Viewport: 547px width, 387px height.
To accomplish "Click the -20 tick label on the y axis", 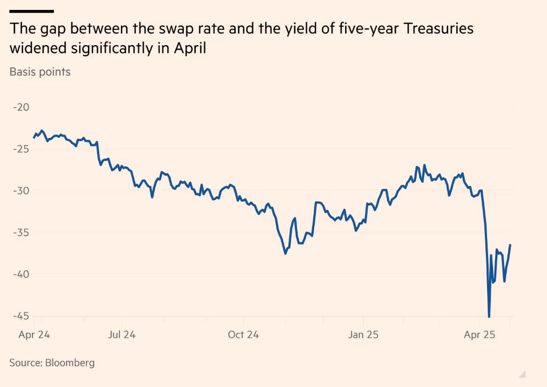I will [21, 107].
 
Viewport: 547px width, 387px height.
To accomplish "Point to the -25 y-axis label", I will [21, 149].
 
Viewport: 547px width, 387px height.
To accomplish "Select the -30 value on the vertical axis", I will [21, 191].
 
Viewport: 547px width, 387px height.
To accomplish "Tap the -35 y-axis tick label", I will [21, 233].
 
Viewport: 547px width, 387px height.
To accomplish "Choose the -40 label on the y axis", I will [21, 275].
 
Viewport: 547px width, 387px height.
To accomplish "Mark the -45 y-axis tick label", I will [21, 316].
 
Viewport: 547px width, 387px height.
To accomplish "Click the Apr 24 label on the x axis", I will [34, 335].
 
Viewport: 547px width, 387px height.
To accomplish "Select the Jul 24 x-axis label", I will [122, 335].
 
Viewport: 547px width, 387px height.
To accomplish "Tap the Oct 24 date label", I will [243, 335].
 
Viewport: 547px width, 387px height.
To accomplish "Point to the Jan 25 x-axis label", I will [363, 335].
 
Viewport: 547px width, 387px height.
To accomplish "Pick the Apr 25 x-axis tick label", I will [480, 335].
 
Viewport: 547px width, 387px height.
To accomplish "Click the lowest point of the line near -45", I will [489, 316].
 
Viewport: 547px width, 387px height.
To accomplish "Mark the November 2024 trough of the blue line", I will [285, 253].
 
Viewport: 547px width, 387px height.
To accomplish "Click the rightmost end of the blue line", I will [510, 245].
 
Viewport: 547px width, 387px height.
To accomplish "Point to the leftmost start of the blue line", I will [34, 137].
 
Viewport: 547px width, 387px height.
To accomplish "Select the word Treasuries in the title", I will [439, 29].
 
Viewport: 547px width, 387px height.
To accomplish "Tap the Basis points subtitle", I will [40, 72].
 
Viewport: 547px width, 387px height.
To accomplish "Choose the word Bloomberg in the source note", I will [70, 363].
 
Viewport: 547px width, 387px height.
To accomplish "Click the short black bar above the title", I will [31, 11].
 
